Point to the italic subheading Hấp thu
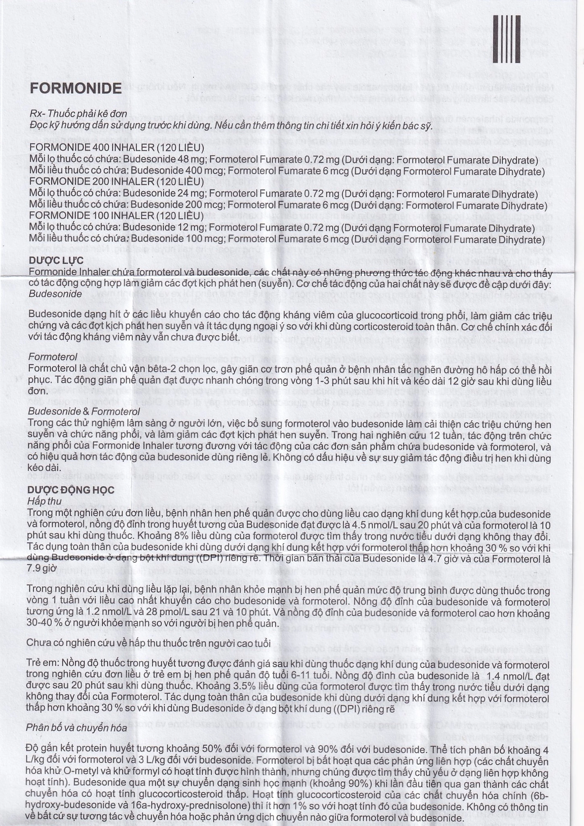tap(44, 501)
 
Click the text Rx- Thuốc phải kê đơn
tap(78, 114)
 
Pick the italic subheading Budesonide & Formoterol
tap(84, 411)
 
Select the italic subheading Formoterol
tap(52, 357)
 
